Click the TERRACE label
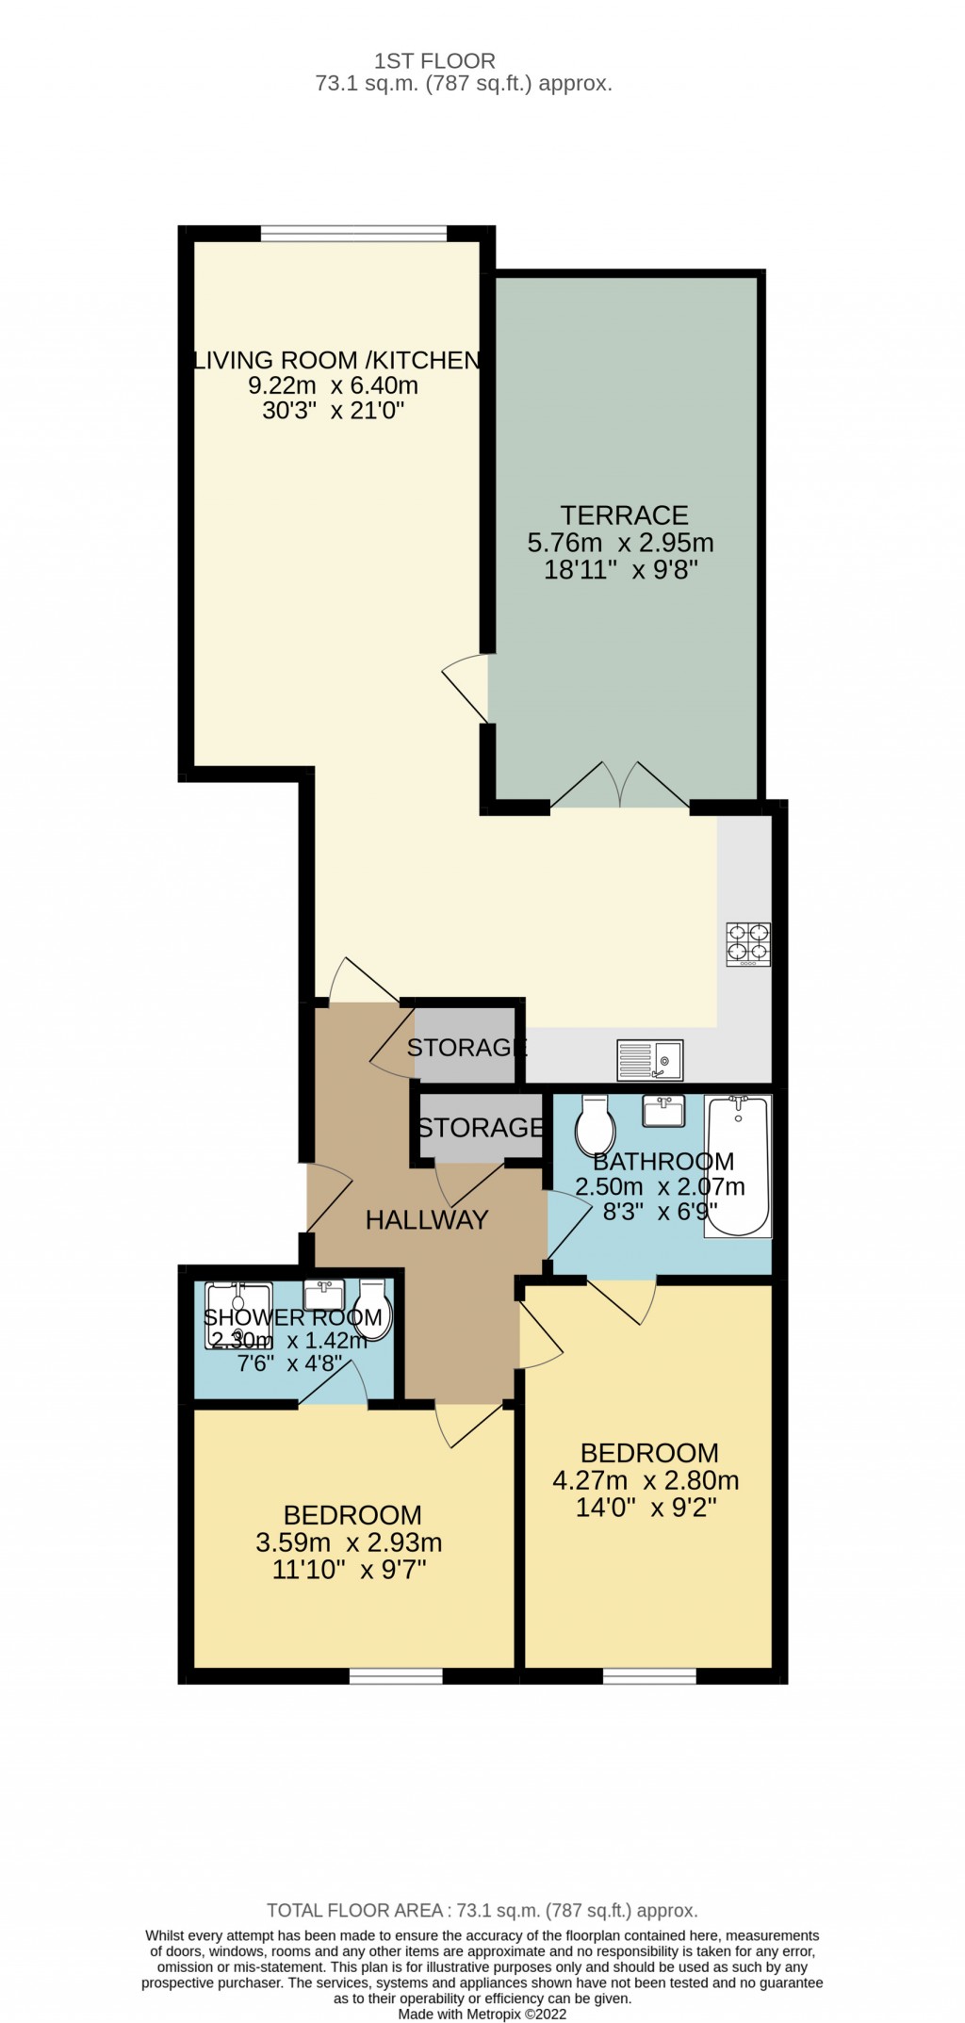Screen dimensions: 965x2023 tap(624, 515)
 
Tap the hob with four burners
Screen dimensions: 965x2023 tap(748, 944)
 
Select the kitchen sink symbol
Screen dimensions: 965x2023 tap(649, 1060)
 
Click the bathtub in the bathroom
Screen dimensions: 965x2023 tap(739, 1166)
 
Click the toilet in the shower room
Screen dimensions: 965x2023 tap(373, 1309)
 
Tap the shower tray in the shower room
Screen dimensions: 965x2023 tap(238, 1315)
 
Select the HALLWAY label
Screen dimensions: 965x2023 tap(427, 1220)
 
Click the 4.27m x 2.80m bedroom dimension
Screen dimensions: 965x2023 tap(646, 1480)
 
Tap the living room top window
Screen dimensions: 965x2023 tap(353, 232)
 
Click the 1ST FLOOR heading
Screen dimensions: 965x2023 tap(434, 61)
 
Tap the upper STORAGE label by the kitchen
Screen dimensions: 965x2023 tap(466, 1047)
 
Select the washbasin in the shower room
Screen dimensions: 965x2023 tap(323, 1295)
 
